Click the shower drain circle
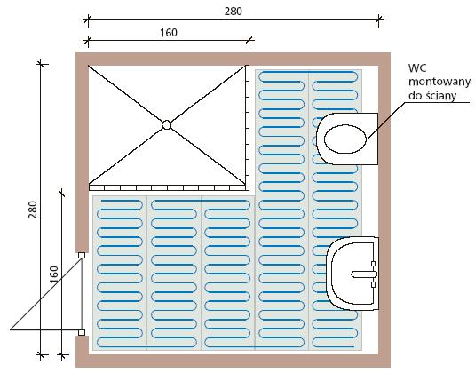point(166,125)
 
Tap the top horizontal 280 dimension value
point(233,12)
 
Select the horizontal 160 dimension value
point(169,33)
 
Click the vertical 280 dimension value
point(33,210)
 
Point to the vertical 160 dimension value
point(53,274)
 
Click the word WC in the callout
point(417,68)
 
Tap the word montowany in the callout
point(439,82)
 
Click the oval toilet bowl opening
point(345,139)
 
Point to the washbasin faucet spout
point(363,274)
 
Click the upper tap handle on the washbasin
point(373,264)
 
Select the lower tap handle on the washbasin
point(373,284)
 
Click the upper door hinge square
point(82,255)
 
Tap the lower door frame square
point(82,332)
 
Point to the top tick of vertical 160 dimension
point(62,194)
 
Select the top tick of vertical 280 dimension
point(41,64)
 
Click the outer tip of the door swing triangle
point(11,329)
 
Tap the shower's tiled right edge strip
point(247,128)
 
